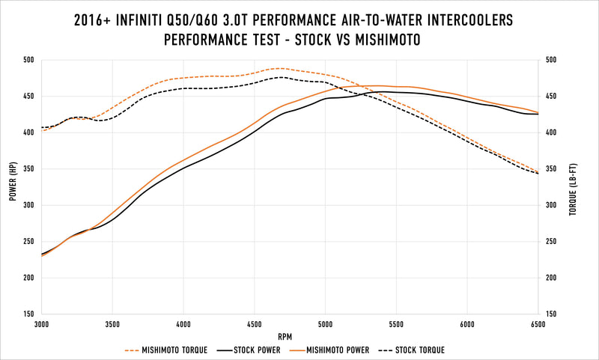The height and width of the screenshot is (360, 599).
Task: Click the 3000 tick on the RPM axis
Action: click(x=42, y=326)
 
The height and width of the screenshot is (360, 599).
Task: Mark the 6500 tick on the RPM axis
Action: click(x=538, y=326)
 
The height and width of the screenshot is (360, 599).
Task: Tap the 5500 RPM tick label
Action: click(x=396, y=326)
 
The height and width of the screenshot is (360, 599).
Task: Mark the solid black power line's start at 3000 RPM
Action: click(x=43, y=254)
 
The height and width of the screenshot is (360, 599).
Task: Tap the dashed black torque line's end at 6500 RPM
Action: click(x=538, y=174)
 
